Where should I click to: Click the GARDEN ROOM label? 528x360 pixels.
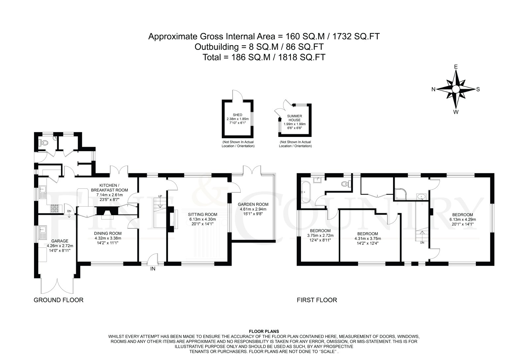pyautogui.click(x=253, y=204)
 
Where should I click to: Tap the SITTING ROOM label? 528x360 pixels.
pyautogui.click(x=203, y=214)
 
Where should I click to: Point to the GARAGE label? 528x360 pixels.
pyautogui.click(x=60, y=241)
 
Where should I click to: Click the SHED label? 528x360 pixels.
pyautogui.click(x=237, y=115)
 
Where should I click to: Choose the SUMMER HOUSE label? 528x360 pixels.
pyautogui.click(x=294, y=118)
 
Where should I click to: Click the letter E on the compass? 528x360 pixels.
pyautogui.click(x=456, y=67)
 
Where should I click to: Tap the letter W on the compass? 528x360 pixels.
pyautogui.click(x=456, y=112)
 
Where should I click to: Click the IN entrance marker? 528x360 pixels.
pyautogui.click(x=153, y=269)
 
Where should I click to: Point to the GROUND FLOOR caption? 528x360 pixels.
pyautogui.click(x=58, y=300)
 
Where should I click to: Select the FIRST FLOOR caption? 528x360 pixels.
pyautogui.click(x=317, y=300)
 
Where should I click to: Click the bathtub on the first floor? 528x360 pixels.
pyautogui.click(x=306, y=192)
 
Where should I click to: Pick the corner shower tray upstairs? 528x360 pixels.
pyautogui.click(x=400, y=193)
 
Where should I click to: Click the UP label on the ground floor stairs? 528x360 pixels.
pyautogui.click(x=160, y=196)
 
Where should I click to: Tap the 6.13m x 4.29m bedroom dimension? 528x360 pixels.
pyautogui.click(x=462, y=219)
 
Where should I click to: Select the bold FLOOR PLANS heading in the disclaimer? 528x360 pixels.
pyautogui.click(x=264, y=331)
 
